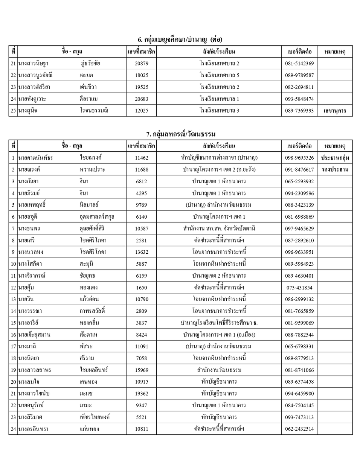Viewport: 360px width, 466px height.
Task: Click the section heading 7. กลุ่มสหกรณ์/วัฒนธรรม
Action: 181,134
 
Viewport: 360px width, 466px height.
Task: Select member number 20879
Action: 142,64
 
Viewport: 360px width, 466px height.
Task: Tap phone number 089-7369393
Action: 299,111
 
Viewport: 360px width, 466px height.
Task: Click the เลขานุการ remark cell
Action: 335,111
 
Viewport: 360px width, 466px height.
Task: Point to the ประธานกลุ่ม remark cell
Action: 335,158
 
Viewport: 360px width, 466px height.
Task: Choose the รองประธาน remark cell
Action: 335,169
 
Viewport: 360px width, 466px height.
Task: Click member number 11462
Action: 142,158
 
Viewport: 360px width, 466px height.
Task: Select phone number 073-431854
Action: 299,288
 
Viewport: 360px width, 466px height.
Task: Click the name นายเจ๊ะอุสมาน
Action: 34,335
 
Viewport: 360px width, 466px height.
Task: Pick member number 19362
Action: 142,394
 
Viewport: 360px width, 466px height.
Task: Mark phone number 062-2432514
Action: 299,429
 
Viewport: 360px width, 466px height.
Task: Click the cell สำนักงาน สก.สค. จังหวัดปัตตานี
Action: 219,228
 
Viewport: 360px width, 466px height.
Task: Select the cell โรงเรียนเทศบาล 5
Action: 219,75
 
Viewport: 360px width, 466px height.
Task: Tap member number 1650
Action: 142,288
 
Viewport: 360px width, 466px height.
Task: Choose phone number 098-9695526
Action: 299,158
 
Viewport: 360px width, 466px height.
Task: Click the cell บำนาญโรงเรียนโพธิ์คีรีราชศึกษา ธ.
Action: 219,323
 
